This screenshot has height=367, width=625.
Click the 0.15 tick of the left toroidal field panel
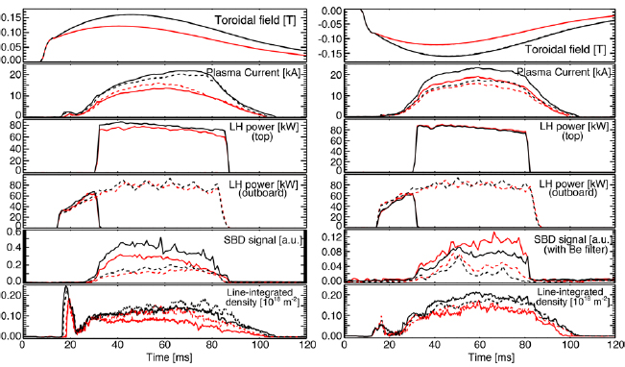pyautogui.click(x=11, y=16)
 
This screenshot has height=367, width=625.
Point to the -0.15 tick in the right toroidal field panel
pyautogui.click(x=332, y=54)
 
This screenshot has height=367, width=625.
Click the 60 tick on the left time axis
pyautogui.click(x=164, y=345)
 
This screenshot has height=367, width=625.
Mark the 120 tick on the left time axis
pyautogui.click(x=305, y=345)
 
